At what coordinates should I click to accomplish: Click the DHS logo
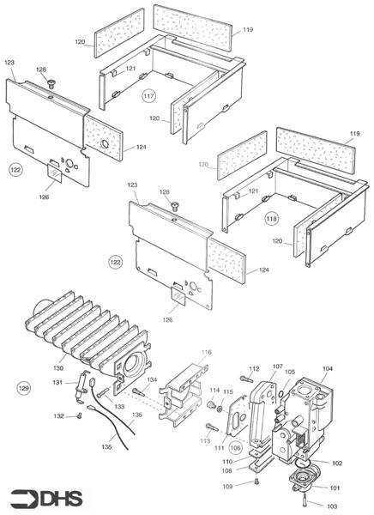(x=46, y=499)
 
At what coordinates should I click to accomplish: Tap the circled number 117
(x=148, y=96)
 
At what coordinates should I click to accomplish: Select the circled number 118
(x=272, y=219)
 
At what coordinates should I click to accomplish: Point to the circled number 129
(x=24, y=388)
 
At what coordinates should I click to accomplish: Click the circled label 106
(x=235, y=448)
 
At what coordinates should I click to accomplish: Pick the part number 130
(x=58, y=368)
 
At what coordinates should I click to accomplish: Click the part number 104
(x=328, y=368)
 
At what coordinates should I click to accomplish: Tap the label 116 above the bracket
(x=207, y=353)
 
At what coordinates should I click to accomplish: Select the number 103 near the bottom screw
(x=332, y=506)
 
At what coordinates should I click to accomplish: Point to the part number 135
(x=106, y=446)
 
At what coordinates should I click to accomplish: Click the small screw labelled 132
(x=79, y=415)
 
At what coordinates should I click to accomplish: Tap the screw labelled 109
(x=256, y=482)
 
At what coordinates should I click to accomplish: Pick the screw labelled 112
(x=246, y=379)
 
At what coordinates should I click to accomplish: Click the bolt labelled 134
(x=139, y=391)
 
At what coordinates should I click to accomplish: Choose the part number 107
(x=277, y=366)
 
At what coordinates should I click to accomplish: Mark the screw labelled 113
(x=212, y=427)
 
